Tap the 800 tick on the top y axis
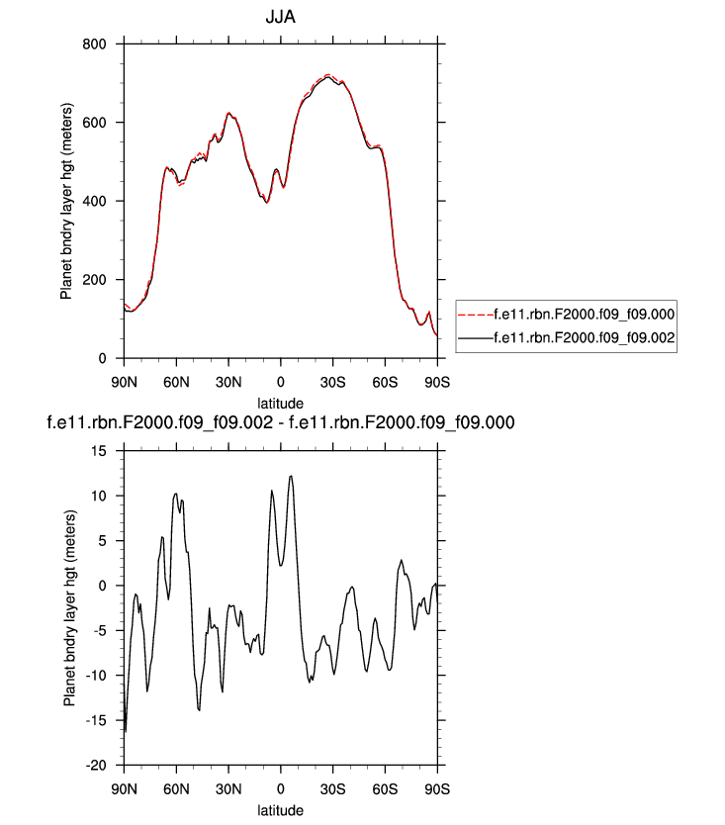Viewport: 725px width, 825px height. coord(97,45)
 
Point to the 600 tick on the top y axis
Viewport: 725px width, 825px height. coord(97,123)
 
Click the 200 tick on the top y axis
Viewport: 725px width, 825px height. coord(97,280)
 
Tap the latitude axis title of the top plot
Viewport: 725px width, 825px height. coord(281,403)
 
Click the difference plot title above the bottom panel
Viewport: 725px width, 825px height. coord(281,423)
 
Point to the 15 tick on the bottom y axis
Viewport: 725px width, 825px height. coord(101,450)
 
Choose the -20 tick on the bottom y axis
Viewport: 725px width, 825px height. coord(97,766)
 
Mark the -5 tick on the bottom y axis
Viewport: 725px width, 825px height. coord(101,630)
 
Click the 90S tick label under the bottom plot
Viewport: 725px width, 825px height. coord(437,788)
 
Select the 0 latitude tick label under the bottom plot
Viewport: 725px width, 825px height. coord(281,788)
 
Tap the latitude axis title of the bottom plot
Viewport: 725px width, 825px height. coord(281,810)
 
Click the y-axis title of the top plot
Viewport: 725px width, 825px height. coord(67,202)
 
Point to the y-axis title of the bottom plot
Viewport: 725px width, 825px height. coord(69,607)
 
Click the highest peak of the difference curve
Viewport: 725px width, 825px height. coord(291,476)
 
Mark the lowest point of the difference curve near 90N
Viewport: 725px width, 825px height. coord(126,732)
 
